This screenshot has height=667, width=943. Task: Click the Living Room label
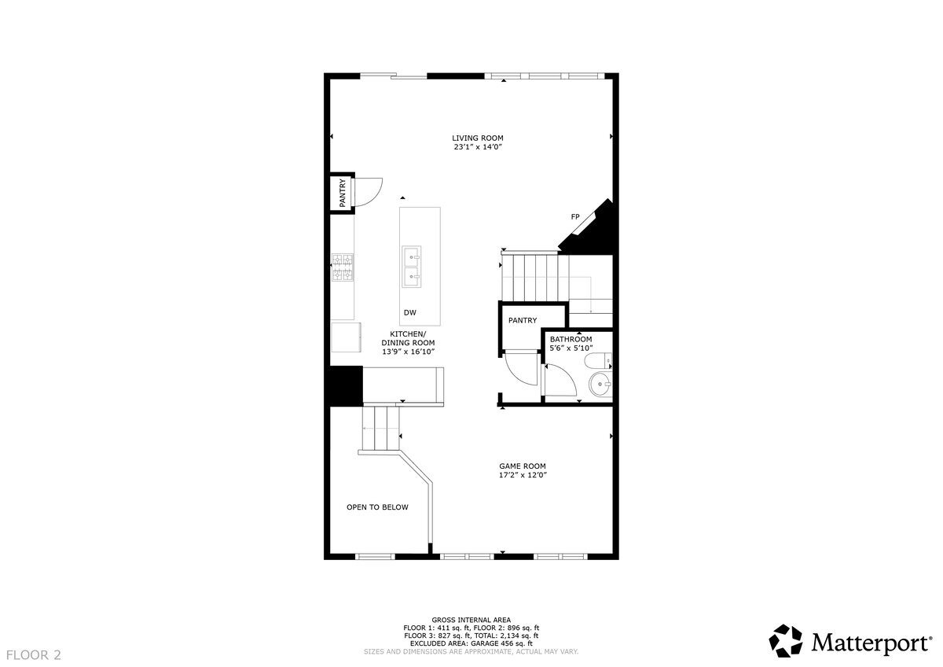(477, 138)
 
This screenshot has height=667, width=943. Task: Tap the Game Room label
(522, 466)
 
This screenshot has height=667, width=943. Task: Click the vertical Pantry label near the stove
(343, 193)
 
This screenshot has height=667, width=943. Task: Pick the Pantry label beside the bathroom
(522, 320)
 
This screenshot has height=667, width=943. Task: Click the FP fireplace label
(575, 216)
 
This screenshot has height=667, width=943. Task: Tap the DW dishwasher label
(409, 313)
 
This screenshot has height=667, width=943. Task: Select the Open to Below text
(377, 507)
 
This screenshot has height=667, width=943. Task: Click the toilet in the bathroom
(600, 362)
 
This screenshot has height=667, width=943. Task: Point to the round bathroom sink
(600, 385)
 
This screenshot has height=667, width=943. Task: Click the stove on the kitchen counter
(343, 267)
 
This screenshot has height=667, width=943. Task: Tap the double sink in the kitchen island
(413, 267)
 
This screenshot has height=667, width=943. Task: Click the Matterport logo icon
(785, 640)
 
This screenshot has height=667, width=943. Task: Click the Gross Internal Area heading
(472, 620)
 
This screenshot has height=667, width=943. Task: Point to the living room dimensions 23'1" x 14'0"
(477, 147)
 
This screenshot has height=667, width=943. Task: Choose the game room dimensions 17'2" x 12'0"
(522, 475)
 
